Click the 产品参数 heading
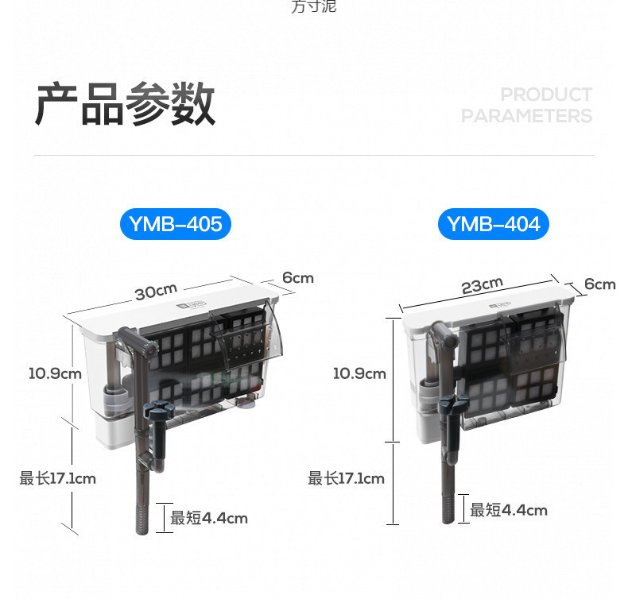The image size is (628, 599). tap(125, 104)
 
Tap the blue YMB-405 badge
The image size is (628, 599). tap(176, 225)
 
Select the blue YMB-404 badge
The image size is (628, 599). tap(493, 225)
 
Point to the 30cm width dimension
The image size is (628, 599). tap(155, 292)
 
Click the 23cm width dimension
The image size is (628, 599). tap(483, 285)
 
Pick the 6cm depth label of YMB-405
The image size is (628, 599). tap(298, 278)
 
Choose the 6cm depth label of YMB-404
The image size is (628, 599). tap(599, 284)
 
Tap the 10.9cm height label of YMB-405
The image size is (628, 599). tap(55, 372)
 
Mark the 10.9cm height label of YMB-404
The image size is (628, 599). tap(359, 373)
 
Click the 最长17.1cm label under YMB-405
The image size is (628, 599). tap(58, 478)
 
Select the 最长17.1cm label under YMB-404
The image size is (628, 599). tap(347, 478)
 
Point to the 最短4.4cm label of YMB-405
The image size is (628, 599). tap(209, 518)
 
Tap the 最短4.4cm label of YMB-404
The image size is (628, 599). tap(509, 510)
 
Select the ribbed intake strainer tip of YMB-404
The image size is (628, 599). tap(448, 508)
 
